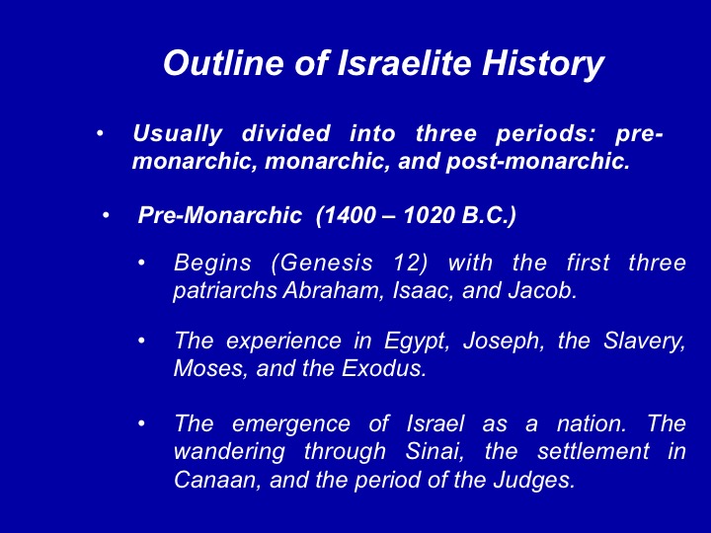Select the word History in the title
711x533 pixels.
(x=543, y=64)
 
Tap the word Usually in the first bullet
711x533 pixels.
(x=178, y=134)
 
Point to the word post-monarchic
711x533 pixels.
(x=538, y=162)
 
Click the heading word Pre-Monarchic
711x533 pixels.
(x=220, y=215)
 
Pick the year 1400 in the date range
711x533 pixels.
(x=350, y=215)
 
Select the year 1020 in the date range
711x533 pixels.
(x=428, y=215)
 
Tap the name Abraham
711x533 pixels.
(x=331, y=290)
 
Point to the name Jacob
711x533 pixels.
(x=542, y=290)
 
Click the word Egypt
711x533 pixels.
(x=417, y=342)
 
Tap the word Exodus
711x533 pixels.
(x=383, y=368)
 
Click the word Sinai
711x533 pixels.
(x=434, y=451)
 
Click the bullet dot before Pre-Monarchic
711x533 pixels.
(x=106, y=215)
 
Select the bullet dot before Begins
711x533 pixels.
(x=142, y=263)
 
